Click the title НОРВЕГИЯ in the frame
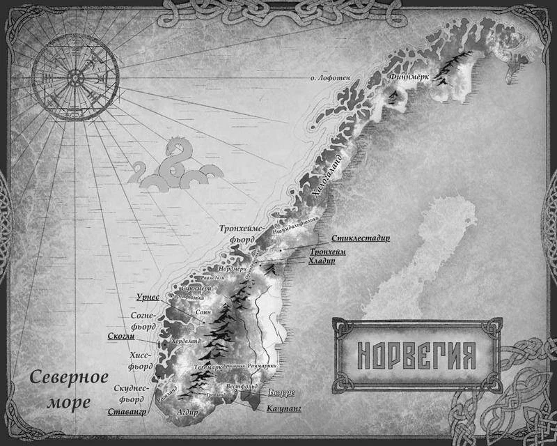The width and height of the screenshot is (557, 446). pos(416,355)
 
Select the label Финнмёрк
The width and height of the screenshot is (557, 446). pos(409,76)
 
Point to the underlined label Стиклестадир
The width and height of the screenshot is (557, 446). pos(360,238)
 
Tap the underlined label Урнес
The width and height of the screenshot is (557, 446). pos(148,297)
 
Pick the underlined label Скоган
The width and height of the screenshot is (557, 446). pos(120,336)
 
